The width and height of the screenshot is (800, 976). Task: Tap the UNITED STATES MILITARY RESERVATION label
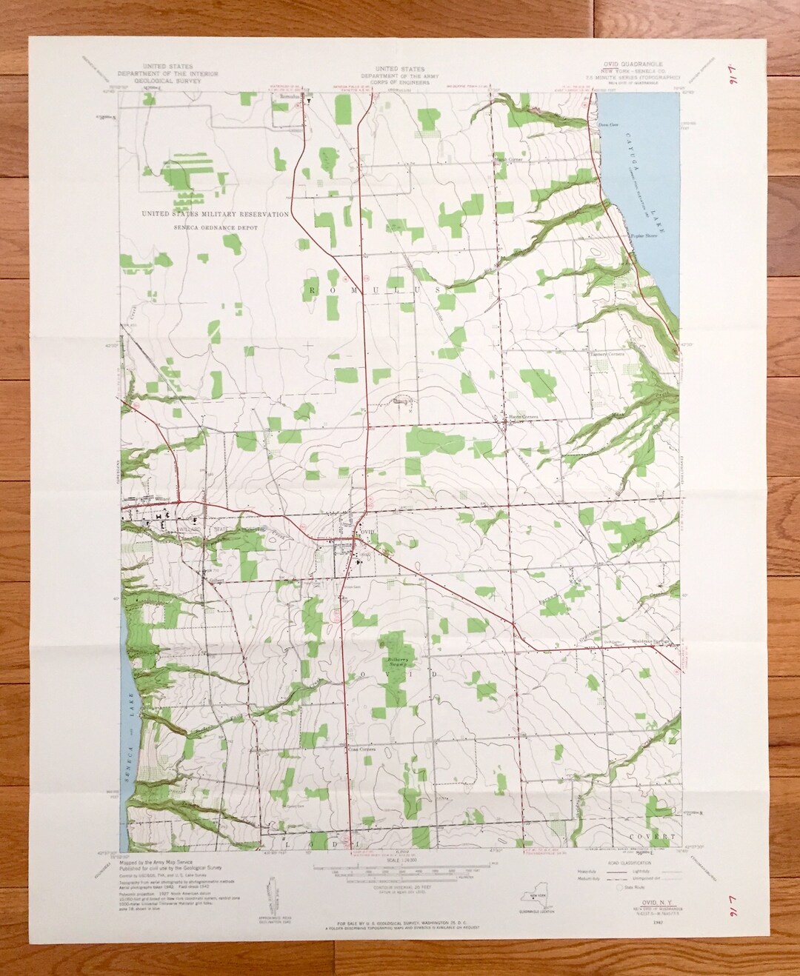coord(216,214)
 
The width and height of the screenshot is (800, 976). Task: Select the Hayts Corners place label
coord(521,417)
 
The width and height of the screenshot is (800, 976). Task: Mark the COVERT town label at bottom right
coord(656,836)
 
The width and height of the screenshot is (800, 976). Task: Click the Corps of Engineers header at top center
coord(398,76)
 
